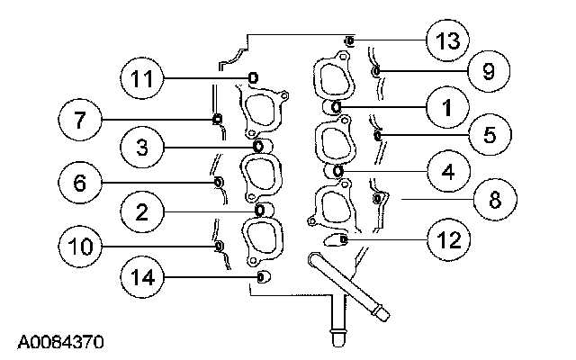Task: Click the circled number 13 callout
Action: (446, 41)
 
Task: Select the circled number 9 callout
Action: (488, 71)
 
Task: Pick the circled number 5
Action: (489, 135)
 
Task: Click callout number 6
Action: (79, 183)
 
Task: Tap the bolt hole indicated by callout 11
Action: (253, 77)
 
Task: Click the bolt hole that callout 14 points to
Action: (262, 276)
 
